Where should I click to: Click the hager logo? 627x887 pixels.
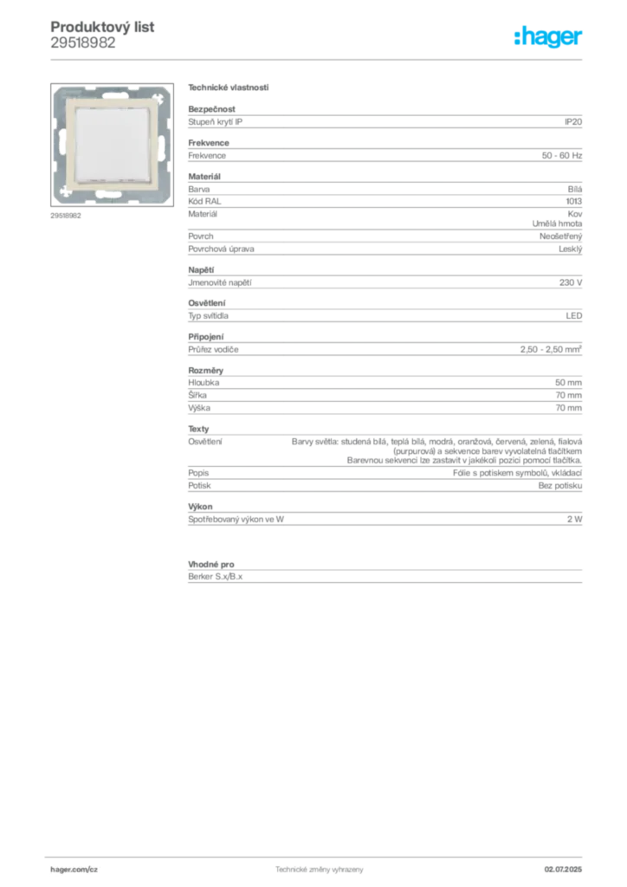tap(548, 37)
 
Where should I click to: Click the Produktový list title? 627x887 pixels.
tap(102, 27)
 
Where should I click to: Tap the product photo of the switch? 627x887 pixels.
tap(112, 145)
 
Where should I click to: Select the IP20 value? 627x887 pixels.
tap(573, 121)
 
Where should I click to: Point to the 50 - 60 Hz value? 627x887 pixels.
tap(561, 156)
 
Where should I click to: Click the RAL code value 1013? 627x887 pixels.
tap(574, 201)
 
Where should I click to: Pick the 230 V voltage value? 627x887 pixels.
tap(571, 282)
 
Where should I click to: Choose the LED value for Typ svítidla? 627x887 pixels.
tap(574, 315)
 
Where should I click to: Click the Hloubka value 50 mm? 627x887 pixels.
tap(568, 382)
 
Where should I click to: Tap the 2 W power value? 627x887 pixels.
tap(574, 519)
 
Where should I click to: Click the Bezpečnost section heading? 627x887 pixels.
tap(211, 109)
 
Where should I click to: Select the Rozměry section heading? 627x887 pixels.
tap(206, 371)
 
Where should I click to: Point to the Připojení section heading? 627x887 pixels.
tap(206, 337)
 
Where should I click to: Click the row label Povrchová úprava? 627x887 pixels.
tap(221, 249)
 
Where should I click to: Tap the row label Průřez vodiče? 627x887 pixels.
tap(213, 350)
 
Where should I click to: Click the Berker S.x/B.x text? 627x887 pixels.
tap(216, 576)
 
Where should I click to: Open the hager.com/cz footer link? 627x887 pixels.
tap(74, 870)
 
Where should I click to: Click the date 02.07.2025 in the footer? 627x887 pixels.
tap(563, 870)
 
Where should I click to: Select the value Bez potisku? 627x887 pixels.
tap(559, 485)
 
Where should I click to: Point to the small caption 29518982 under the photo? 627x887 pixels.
tap(66, 216)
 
